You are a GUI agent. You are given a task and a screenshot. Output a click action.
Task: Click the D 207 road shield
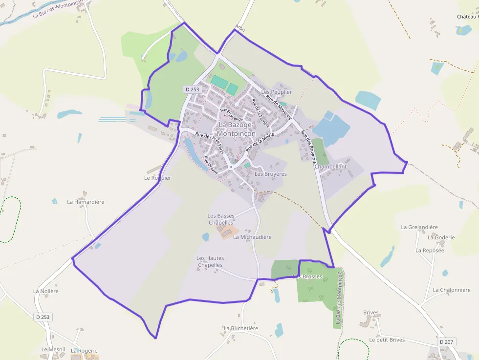(447, 342)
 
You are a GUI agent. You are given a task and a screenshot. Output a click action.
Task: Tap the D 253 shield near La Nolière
(43, 317)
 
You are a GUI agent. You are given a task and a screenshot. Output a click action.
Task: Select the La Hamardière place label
(86, 202)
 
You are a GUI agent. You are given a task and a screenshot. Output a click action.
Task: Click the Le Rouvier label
(157, 178)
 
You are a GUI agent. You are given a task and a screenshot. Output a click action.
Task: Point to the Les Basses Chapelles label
(221, 219)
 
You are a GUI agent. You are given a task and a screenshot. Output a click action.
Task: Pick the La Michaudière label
(252, 237)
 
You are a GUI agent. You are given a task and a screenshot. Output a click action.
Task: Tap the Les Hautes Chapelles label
(210, 261)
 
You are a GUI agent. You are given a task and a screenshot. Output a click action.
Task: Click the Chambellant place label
(330, 167)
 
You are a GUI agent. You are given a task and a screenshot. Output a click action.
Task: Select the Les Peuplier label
(276, 92)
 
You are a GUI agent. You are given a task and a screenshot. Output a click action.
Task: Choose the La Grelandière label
(419, 227)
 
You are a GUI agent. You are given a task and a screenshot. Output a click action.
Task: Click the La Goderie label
(441, 237)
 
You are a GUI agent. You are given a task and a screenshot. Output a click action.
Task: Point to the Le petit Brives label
(387, 339)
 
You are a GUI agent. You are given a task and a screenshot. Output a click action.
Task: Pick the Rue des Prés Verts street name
(209, 144)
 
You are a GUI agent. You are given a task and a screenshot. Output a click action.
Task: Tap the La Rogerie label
(84, 351)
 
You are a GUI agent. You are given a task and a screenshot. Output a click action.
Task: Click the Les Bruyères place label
(270, 174)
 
